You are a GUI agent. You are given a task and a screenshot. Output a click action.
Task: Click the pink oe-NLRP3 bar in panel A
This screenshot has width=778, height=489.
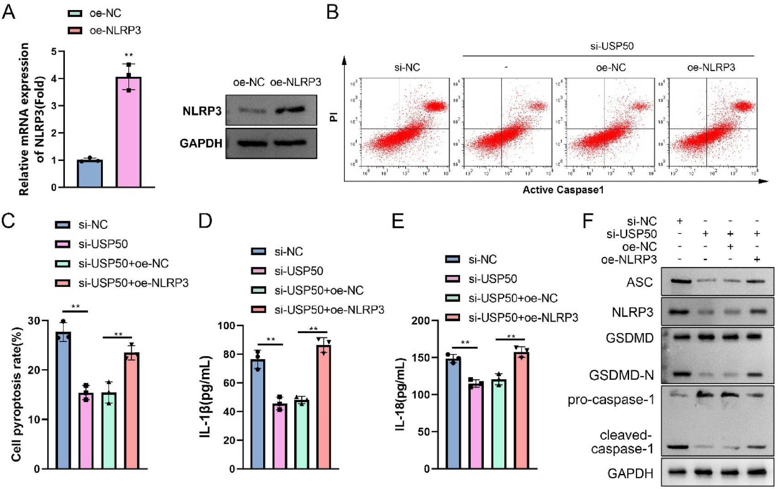click(x=128, y=133)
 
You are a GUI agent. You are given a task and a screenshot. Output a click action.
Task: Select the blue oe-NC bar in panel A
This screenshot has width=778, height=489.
click(x=90, y=174)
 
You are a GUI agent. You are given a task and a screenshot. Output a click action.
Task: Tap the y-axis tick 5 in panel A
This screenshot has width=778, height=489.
click(x=54, y=52)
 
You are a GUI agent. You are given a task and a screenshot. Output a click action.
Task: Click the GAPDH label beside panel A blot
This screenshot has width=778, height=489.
click(x=201, y=144)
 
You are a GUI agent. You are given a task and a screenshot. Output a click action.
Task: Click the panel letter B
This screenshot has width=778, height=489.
click(x=333, y=12)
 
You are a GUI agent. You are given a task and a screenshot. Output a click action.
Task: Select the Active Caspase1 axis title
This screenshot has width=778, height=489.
click(x=563, y=190)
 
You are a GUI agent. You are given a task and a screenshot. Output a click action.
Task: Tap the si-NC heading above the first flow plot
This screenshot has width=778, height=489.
click(x=407, y=68)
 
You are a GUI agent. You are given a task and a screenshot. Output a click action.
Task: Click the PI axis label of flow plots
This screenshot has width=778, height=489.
click(x=333, y=117)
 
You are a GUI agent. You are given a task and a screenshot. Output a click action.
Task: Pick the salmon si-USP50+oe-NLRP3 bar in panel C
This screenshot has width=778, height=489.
click(x=132, y=411)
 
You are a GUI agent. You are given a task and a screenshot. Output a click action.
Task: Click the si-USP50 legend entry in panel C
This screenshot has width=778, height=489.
click(x=102, y=244)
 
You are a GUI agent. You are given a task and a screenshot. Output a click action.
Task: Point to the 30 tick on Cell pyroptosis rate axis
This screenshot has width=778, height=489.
click(x=34, y=321)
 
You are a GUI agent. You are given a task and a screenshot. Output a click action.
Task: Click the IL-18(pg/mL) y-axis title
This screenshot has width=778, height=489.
click(x=401, y=394)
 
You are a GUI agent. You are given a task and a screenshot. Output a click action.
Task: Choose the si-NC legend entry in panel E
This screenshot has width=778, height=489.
click(x=482, y=260)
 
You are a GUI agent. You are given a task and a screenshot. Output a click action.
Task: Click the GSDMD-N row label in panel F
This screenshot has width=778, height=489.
click(x=621, y=376)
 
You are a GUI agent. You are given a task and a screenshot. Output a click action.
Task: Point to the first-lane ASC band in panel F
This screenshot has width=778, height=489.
click(x=680, y=282)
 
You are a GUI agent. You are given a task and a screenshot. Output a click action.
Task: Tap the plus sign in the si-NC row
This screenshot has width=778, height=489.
click(x=680, y=221)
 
